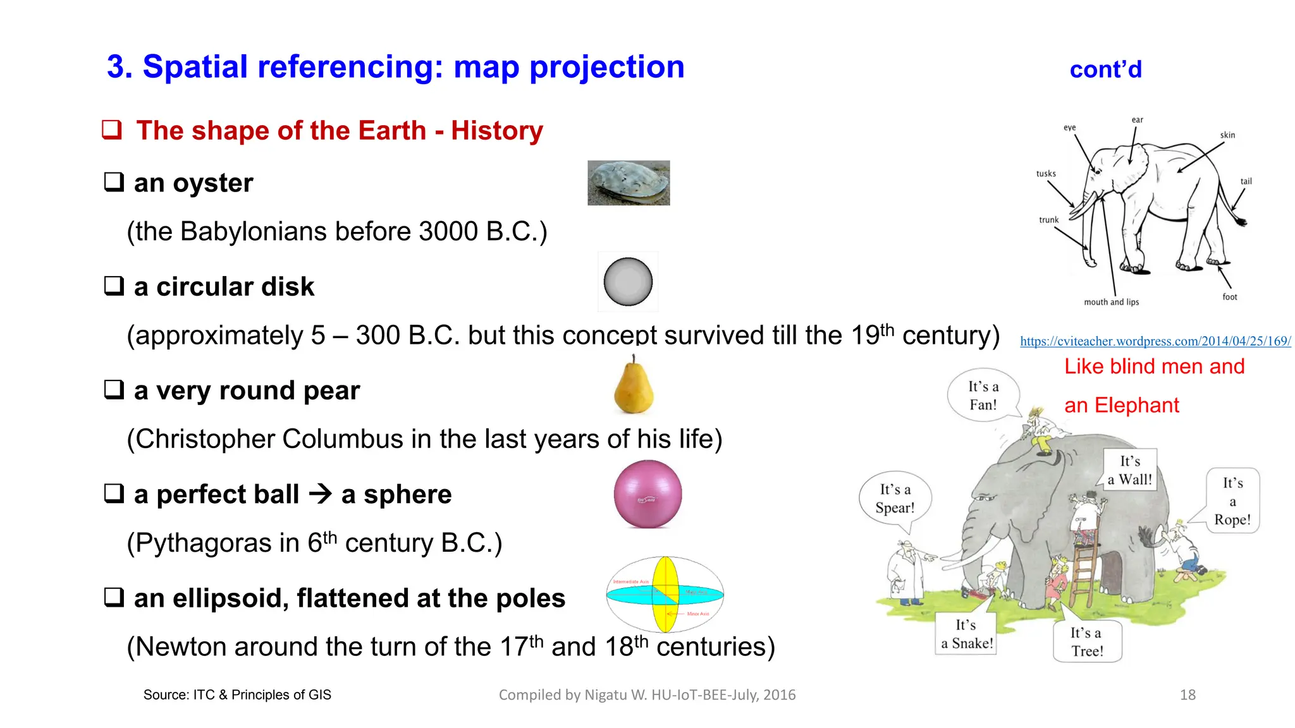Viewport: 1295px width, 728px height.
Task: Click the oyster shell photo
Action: [629, 183]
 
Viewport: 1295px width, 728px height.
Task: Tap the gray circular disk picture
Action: [628, 282]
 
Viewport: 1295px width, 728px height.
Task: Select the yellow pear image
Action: [634, 387]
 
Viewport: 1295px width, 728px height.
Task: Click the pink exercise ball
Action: [647, 494]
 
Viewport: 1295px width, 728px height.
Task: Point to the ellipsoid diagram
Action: [665, 594]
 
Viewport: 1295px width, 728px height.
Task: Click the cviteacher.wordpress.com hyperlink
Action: [1155, 341]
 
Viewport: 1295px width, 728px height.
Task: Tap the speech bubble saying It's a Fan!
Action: [983, 396]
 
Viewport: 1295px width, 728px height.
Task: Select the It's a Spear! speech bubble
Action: [894, 499]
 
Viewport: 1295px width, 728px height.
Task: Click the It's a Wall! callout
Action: [1130, 470]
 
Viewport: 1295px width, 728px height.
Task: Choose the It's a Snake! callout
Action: [966, 634]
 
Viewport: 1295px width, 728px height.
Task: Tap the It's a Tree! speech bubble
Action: [1086, 641]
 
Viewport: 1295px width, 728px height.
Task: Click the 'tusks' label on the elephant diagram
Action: [1046, 174]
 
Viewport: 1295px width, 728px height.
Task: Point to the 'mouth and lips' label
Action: [1111, 302]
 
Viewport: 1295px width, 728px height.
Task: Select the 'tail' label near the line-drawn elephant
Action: [1246, 181]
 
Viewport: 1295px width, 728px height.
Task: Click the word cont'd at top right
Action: [1105, 70]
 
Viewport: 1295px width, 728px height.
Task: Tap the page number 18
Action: [1188, 695]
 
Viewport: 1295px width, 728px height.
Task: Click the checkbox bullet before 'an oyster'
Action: [114, 182]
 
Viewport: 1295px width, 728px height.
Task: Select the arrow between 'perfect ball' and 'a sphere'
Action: [321, 494]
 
